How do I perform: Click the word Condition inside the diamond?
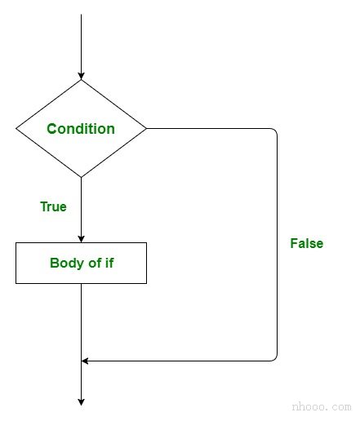pos(81,129)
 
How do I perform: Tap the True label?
pos(53,206)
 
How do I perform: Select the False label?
pos(307,243)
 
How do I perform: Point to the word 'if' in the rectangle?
pos(109,263)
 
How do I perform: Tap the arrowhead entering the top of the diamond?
pos(81,76)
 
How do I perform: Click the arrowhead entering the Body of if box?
pos(81,239)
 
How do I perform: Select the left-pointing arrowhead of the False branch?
pos(85,361)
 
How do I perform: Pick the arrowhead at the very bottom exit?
pos(81,402)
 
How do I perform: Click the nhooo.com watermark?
pos(322,406)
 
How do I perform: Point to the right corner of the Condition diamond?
pos(146,128)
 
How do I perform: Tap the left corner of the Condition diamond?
pos(16,128)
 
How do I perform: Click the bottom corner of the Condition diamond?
pos(81,177)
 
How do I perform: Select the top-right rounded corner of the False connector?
pos(275,131)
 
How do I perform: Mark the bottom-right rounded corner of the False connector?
pos(275,359)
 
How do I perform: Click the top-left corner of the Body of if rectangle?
pos(16,243)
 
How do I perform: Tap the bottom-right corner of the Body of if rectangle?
pos(146,283)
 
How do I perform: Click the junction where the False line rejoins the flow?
pos(81,361)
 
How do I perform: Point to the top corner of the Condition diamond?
pos(81,80)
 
